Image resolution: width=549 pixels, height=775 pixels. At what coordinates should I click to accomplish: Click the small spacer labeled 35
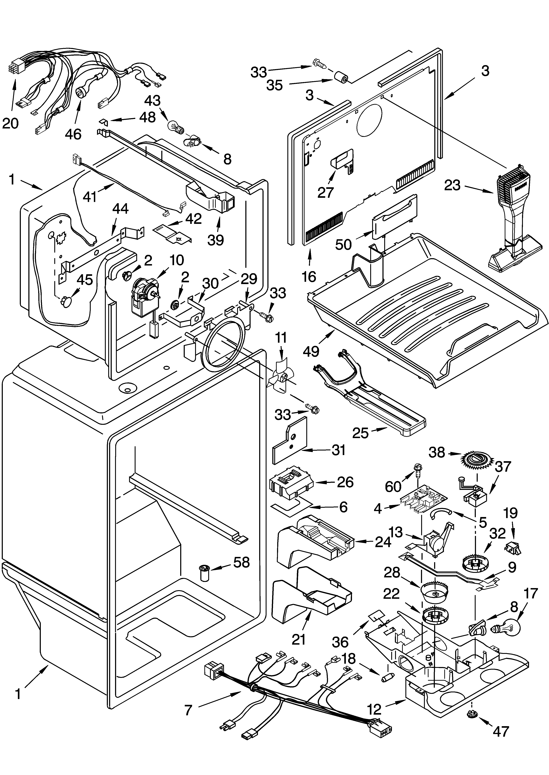pyautogui.click(x=341, y=78)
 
